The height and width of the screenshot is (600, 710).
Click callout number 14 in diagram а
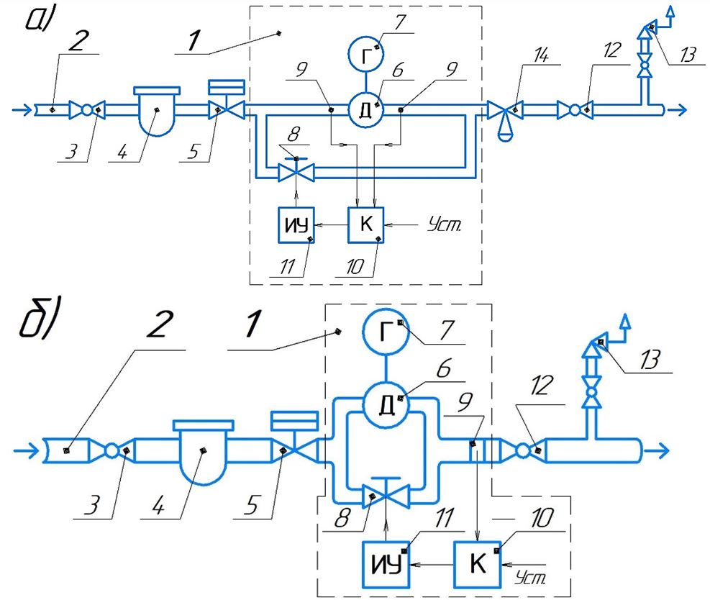pos(541,55)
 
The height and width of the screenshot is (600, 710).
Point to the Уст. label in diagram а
pos(445,224)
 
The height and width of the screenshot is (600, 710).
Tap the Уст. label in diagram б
pos(531,577)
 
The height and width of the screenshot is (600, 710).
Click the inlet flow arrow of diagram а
pos(22,109)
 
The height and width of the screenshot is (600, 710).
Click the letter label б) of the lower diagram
pos(40,318)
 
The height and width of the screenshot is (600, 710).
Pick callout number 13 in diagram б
pos(650,360)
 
